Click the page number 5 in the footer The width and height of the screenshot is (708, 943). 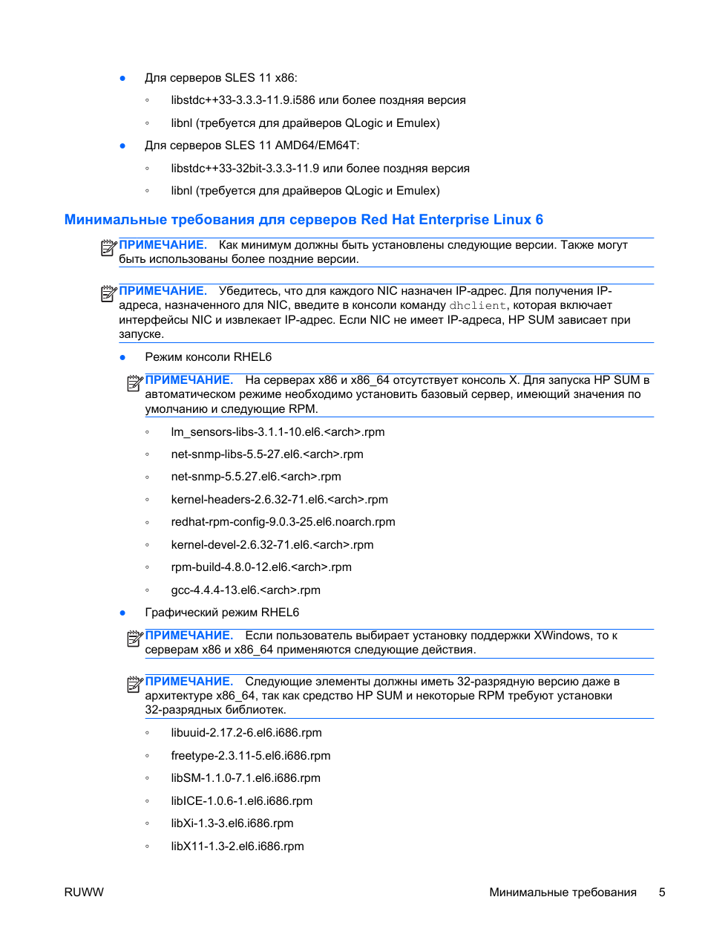661,892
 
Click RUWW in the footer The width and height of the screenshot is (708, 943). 84,892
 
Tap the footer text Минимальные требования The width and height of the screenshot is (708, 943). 562,892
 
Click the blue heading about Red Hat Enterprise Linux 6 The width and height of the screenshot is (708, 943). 303,220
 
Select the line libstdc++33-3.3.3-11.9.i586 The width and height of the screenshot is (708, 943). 318,100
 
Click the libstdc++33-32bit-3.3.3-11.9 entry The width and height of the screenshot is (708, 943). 319,169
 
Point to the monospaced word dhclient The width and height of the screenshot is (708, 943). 477,305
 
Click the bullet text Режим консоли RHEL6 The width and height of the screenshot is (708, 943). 208,357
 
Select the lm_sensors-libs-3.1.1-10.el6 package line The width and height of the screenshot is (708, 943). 278,432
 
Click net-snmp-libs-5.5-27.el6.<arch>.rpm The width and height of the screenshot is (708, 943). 266,454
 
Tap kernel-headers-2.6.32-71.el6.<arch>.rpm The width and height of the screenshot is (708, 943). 279,500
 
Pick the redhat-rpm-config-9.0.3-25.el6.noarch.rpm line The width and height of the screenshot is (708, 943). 283,522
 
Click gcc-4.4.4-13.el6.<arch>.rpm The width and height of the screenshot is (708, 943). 245,590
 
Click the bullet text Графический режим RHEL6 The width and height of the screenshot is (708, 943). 222,613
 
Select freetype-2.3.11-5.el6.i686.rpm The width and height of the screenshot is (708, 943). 250,756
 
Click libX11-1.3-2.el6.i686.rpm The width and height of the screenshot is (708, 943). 237,846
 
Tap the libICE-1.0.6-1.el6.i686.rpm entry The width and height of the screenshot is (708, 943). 241,801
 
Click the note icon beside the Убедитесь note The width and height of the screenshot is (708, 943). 108,293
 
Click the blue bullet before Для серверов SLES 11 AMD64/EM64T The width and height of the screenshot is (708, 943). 122,146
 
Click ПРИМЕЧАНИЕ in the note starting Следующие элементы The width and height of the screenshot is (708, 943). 189,682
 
